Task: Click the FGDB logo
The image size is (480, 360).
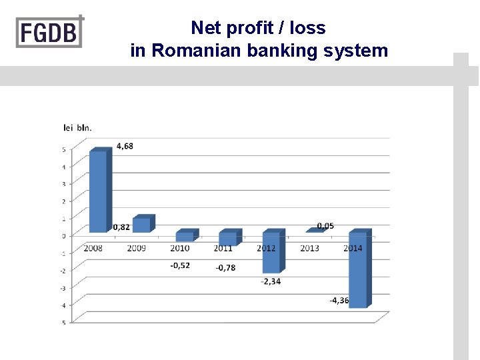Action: [50, 31]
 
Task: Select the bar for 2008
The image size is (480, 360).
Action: [98, 191]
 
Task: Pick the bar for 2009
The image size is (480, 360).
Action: [141, 225]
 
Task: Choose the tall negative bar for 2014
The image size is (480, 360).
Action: [358, 269]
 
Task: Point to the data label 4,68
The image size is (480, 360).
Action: [125, 146]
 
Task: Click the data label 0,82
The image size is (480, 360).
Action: [121, 227]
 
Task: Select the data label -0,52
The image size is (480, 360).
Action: [179, 265]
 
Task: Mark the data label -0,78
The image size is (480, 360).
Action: [225, 268]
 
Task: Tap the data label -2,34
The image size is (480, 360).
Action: [271, 281]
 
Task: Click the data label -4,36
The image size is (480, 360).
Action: [339, 301]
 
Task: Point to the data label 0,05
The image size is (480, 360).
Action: [325, 226]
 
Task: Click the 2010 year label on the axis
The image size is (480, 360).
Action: [179, 248]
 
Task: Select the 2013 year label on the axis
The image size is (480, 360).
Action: [309, 248]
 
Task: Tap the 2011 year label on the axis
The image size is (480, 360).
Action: [223, 248]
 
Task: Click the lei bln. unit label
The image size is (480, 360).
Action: [77, 127]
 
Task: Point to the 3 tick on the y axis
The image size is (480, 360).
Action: [64, 184]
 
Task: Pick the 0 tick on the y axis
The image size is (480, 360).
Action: [64, 236]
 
